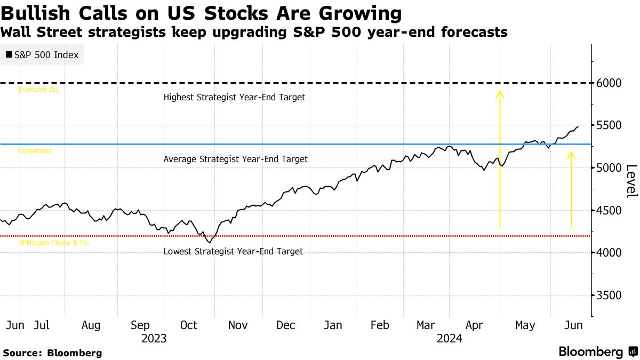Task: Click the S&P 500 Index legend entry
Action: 42,55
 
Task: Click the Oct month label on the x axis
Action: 188,325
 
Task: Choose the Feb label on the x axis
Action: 379,325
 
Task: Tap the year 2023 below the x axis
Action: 154,338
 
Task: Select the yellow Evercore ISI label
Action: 38,90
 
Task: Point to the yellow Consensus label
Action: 35,151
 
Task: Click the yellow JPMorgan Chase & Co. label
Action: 54,243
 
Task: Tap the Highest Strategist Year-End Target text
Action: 234,98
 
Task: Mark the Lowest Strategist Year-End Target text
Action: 233,251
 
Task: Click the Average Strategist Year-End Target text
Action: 235,159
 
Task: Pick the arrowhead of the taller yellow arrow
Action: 500,94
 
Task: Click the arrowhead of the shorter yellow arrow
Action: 571,155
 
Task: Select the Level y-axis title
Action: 631,181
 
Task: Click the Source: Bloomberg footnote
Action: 52,353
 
